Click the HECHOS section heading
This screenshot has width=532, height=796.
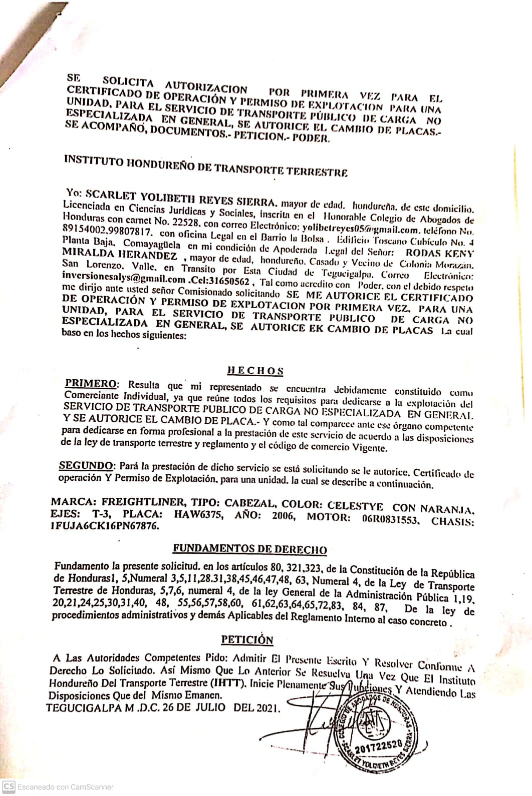point(255,371)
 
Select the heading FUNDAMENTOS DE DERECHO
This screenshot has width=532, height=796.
point(249,549)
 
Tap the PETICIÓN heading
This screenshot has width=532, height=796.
point(247,640)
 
